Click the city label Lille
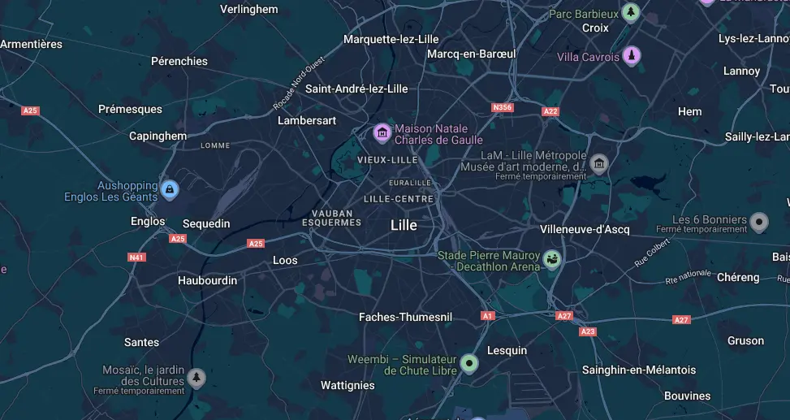pyautogui.click(x=404, y=225)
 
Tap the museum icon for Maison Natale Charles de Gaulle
pyautogui.click(x=382, y=132)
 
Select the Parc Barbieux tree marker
pyautogui.click(x=630, y=13)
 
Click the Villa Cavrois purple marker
pyautogui.click(x=632, y=56)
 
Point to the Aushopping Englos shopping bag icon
pyautogui.click(x=169, y=190)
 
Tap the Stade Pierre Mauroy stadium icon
pyautogui.click(x=553, y=260)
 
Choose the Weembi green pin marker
pyautogui.click(x=468, y=363)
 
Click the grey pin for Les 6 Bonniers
pyautogui.click(x=759, y=221)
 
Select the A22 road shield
pyautogui.click(x=550, y=111)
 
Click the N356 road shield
pyautogui.click(x=503, y=107)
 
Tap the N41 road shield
pyautogui.click(x=136, y=258)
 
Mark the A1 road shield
pyautogui.click(x=487, y=315)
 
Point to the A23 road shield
pyautogui.click(x=588, y=331)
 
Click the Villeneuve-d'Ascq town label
pyautogui.click(x=585, y=229)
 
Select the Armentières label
pyautogui.click(x=31, y=44)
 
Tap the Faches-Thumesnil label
pyautogui.click(x=405, y=317)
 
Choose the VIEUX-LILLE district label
pyautogui.click(x=387, y=160)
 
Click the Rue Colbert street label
pyautogui.click(x=652, y=252)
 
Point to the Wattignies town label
pyautogui.click(x=348, y=385)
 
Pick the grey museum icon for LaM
pyautogui.click(x=599, y=164)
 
